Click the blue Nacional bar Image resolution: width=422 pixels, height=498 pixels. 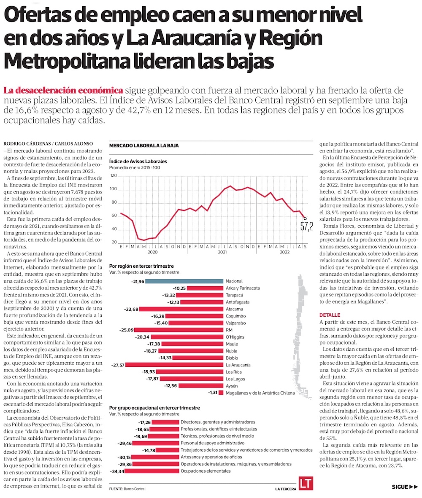[184, 281]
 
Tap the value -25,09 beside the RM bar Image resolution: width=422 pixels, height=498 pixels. [127, 330]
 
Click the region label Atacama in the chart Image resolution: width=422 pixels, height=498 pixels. [234, 309]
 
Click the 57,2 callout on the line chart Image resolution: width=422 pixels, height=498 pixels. [306, 226]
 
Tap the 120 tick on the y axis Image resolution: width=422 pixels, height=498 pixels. [114, 175]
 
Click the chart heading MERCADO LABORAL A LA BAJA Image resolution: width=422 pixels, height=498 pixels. [144, 145]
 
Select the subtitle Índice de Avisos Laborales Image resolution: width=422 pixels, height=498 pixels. [138, 162]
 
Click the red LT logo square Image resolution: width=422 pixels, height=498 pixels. [306, 484]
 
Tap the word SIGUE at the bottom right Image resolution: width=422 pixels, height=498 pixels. [400, 487]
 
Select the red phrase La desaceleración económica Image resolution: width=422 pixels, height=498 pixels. [63, 90]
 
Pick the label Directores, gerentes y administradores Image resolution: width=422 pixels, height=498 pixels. [218, 422]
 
